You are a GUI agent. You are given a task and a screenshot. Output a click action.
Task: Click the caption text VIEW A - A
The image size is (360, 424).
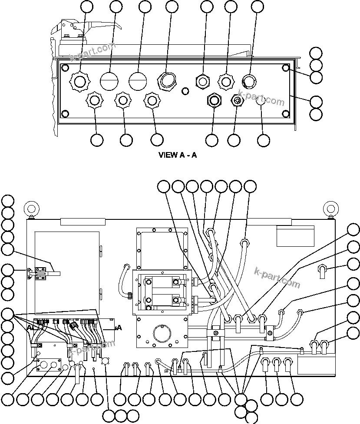(178, 155)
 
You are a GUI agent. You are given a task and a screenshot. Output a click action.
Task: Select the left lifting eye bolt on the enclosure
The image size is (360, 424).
(31, 209)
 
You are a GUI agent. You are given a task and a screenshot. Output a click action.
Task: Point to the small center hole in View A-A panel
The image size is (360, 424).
(185, 91)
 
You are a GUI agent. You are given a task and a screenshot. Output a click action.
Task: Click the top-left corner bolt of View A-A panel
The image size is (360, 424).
(65, 68)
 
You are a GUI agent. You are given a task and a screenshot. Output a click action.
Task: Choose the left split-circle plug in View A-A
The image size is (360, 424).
(109, 80)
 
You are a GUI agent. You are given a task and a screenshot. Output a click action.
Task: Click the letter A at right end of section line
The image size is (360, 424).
(119, 328)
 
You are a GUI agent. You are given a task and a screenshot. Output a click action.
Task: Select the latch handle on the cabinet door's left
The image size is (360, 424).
(43, 273)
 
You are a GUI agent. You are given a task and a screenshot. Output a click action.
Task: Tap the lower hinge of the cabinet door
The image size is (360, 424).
(101, 291)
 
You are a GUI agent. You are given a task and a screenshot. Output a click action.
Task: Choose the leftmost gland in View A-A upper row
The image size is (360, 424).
(79, 80)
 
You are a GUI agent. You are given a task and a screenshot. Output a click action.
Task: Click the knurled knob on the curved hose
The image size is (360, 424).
(129, 296)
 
